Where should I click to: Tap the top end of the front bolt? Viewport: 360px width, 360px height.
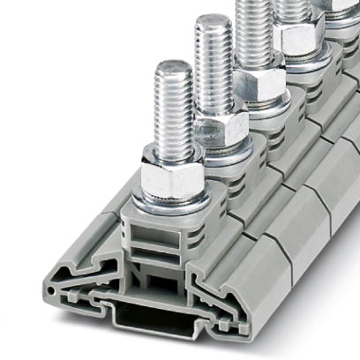[x=173, y=66]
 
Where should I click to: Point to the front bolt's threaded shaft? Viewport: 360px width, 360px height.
[x=173, y=110]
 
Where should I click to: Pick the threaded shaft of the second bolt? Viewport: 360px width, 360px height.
[x=214, y=66]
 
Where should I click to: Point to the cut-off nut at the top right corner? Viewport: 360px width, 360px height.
[x=340, y=7]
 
